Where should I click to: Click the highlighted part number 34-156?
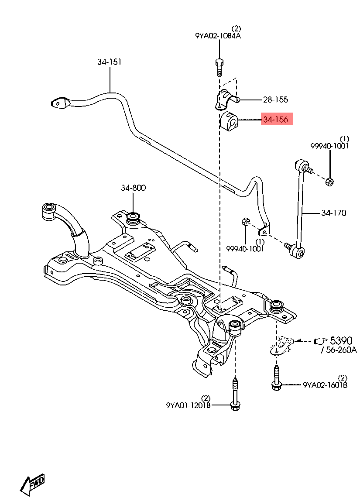pos(275,120)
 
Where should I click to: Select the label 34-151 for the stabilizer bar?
pos(109,62)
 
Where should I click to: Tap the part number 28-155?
pos(275,100)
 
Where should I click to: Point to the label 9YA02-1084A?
pos(218,35)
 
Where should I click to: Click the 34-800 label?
pos(133,188)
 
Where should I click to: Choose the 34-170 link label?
pos(333,213)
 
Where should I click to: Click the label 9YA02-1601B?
pos(325,385)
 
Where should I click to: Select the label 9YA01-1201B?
pos(188,405)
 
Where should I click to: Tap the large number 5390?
pos(341,340)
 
